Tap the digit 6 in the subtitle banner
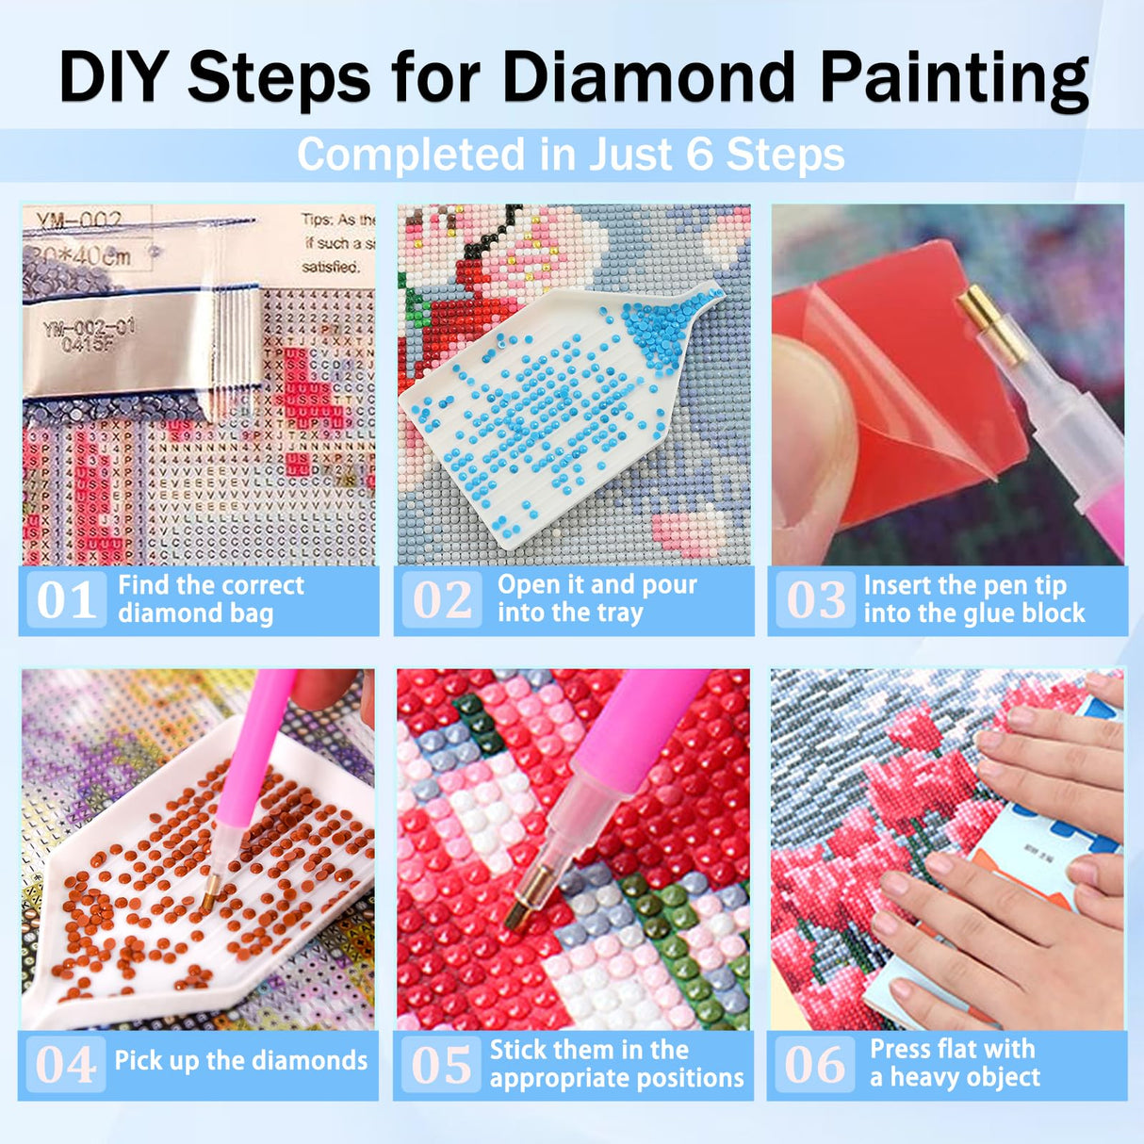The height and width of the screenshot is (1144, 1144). [699, 155]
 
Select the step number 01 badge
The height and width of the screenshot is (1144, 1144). [66, 600]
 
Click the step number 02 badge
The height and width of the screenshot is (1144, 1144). [442, 600]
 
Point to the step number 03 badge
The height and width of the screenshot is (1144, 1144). [816, 600]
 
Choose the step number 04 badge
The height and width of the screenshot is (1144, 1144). [66, 1065]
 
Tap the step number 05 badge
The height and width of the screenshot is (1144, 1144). [441, 1065]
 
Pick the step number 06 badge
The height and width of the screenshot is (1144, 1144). [815, 1065]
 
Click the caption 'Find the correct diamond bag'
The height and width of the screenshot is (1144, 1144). [210, 599]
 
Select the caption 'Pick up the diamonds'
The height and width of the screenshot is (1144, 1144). [240, 1061]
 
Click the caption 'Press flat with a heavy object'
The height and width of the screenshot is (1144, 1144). [954, 1063]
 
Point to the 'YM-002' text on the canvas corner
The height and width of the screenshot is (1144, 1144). [79, 221]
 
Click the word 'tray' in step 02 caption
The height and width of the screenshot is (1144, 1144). [619, 613]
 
